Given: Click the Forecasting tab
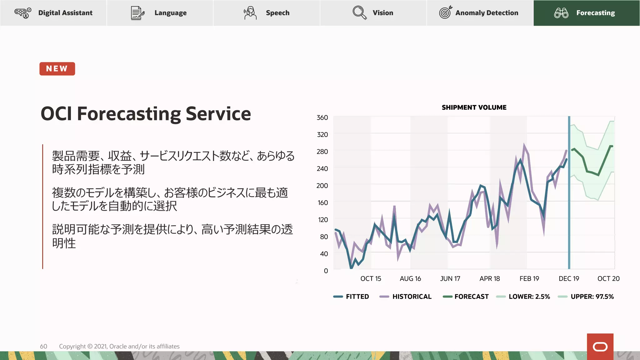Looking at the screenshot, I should point(586,13).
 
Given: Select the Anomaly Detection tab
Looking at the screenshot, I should point(480,13).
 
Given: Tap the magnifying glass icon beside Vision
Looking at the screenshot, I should point(359,13).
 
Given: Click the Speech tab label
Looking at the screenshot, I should point(277,13).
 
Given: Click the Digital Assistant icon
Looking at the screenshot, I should point(23,13).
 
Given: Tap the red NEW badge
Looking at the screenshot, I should point(57,69).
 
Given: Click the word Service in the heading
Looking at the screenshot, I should point(218,113).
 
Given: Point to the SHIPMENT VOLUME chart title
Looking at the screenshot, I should point(474,107).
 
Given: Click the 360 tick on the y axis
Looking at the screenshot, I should point(322,117).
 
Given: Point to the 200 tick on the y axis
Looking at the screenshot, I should point(322,186).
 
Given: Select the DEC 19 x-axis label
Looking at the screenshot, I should point(569,278).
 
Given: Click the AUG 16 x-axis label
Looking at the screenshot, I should point(410,278).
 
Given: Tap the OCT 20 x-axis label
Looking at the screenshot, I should point(608,278).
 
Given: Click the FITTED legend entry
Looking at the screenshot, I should point(351,297).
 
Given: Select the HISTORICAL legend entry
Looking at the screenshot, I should point(406,297).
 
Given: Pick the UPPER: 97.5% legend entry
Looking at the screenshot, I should point(586,297).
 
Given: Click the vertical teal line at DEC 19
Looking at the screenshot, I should point(569,219).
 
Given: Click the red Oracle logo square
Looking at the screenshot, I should point(600,347).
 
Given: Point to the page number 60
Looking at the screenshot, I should point(43,346).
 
